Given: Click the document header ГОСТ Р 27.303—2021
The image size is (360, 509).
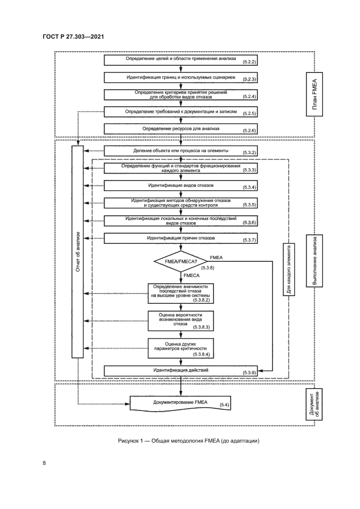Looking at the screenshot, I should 73,36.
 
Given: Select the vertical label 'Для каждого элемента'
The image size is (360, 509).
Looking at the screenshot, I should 289,269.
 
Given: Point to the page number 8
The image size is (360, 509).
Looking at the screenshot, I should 44,463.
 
